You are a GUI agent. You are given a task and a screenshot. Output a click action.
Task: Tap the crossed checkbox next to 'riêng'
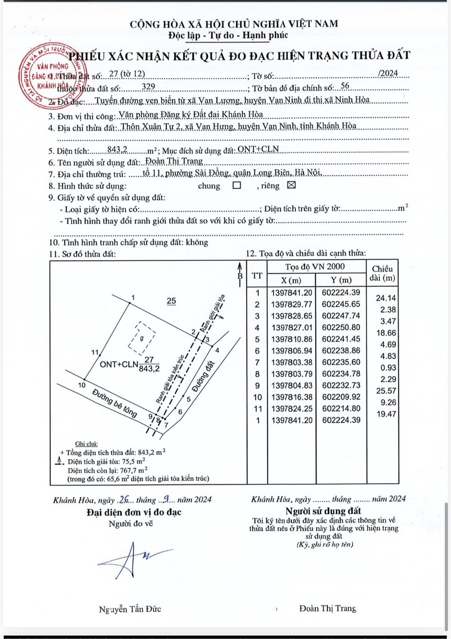(x=291, y=186)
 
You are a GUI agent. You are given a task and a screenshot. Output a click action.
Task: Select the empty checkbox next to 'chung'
(x=236, y=186)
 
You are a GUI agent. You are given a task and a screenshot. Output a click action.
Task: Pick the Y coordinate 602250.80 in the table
(x=342, y=327)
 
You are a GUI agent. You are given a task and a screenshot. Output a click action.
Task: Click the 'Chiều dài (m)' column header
(x=382, y=273)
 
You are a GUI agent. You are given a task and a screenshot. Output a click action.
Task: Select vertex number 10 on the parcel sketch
(x=82, y=385)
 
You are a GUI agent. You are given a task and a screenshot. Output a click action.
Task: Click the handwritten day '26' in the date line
(x=124, y=499)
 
